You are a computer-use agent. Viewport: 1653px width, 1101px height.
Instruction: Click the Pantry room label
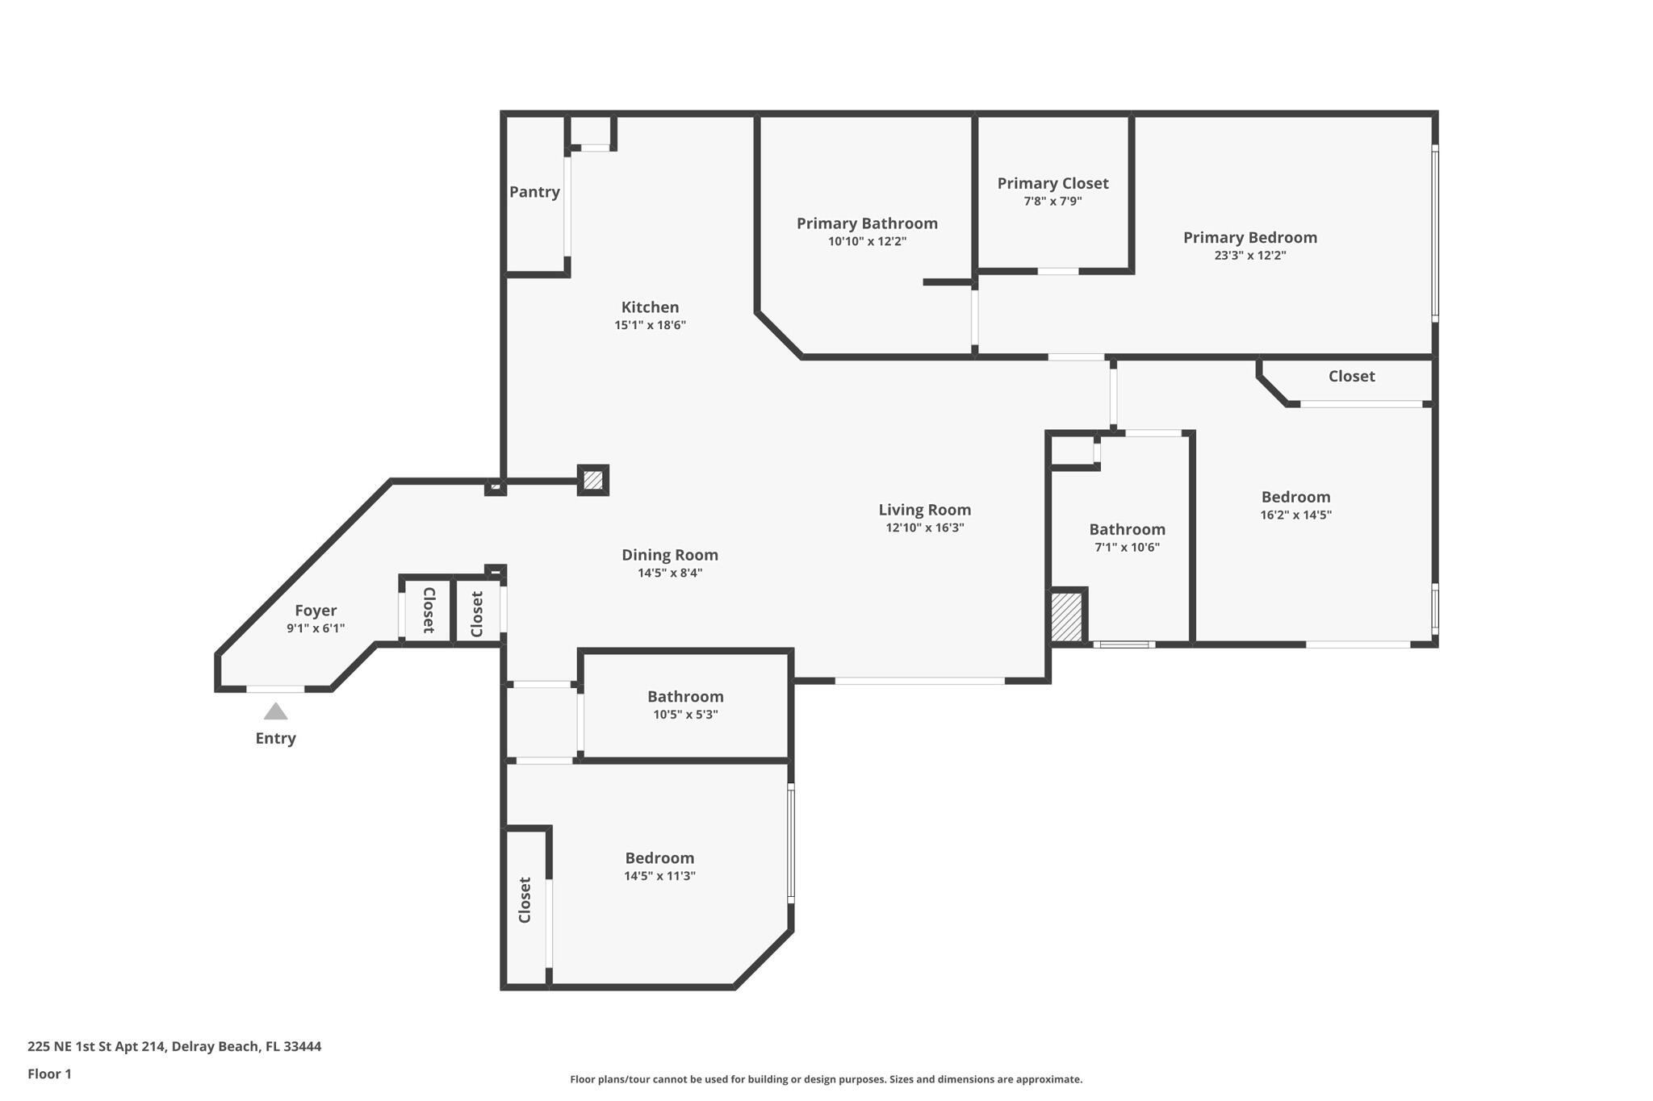(x=534, y=192)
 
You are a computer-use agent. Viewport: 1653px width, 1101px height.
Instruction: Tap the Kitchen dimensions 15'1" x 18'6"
(x=650, y=325)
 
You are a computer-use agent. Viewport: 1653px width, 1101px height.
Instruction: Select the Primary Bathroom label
(x=867, y=223)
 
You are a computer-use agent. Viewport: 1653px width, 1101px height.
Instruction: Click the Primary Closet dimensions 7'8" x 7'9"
(x=1052, y=202)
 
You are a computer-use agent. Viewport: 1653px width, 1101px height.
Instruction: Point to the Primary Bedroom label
(x=1249, y=237)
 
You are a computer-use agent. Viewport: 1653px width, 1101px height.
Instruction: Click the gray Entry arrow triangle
(x=275, y=711)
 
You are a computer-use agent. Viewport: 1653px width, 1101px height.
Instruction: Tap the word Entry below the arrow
(x=275, y=738)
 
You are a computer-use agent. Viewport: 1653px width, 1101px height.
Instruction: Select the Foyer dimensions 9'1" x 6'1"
(x=316, y=628)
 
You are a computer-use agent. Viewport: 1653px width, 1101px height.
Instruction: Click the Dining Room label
(x=669, y=555)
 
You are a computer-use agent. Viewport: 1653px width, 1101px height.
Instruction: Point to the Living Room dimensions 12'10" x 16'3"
(x=924, y=528)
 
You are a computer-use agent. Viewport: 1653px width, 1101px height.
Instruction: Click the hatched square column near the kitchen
(x=592, y=480)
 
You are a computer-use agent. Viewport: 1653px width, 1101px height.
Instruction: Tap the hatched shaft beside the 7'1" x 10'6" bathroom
(x=1065, y=617)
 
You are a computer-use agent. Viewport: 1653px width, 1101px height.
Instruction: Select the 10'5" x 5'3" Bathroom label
(x=685, y=696)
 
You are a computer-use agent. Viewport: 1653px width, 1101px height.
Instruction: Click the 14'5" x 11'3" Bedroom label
(x=659, y=858)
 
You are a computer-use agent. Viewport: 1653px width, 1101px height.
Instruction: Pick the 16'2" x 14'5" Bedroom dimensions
(x=1295, y=515)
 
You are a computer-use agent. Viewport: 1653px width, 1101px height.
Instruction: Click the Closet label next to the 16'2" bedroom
(x=1351, y=376)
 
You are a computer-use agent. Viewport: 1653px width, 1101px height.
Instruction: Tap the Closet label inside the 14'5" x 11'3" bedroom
(x=525, y=900)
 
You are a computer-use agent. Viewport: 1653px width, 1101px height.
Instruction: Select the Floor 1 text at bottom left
(x=49, y=1074)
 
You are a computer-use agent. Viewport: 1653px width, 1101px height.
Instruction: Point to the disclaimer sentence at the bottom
(x=826, y=1079)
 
